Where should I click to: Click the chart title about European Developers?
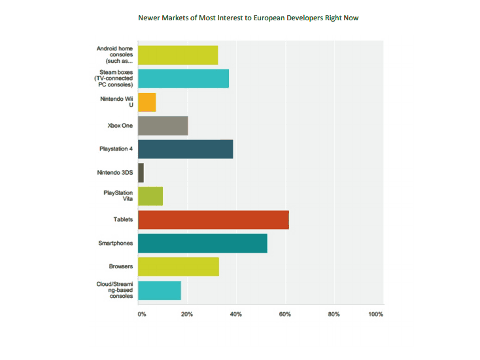coord(248,18)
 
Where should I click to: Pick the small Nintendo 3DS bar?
coord(141,173)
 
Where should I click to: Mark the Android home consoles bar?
coord(178,55)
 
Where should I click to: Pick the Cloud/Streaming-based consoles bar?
coord(160,290)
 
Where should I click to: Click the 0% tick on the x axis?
coord(142,315)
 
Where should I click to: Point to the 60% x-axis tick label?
coord(285,315)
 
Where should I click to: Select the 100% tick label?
coord(375,315)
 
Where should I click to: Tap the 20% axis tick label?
coord(187,315)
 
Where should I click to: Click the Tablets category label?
coord(122,220)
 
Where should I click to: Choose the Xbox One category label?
coord(120,126)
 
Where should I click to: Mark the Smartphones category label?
coord(116,243)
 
